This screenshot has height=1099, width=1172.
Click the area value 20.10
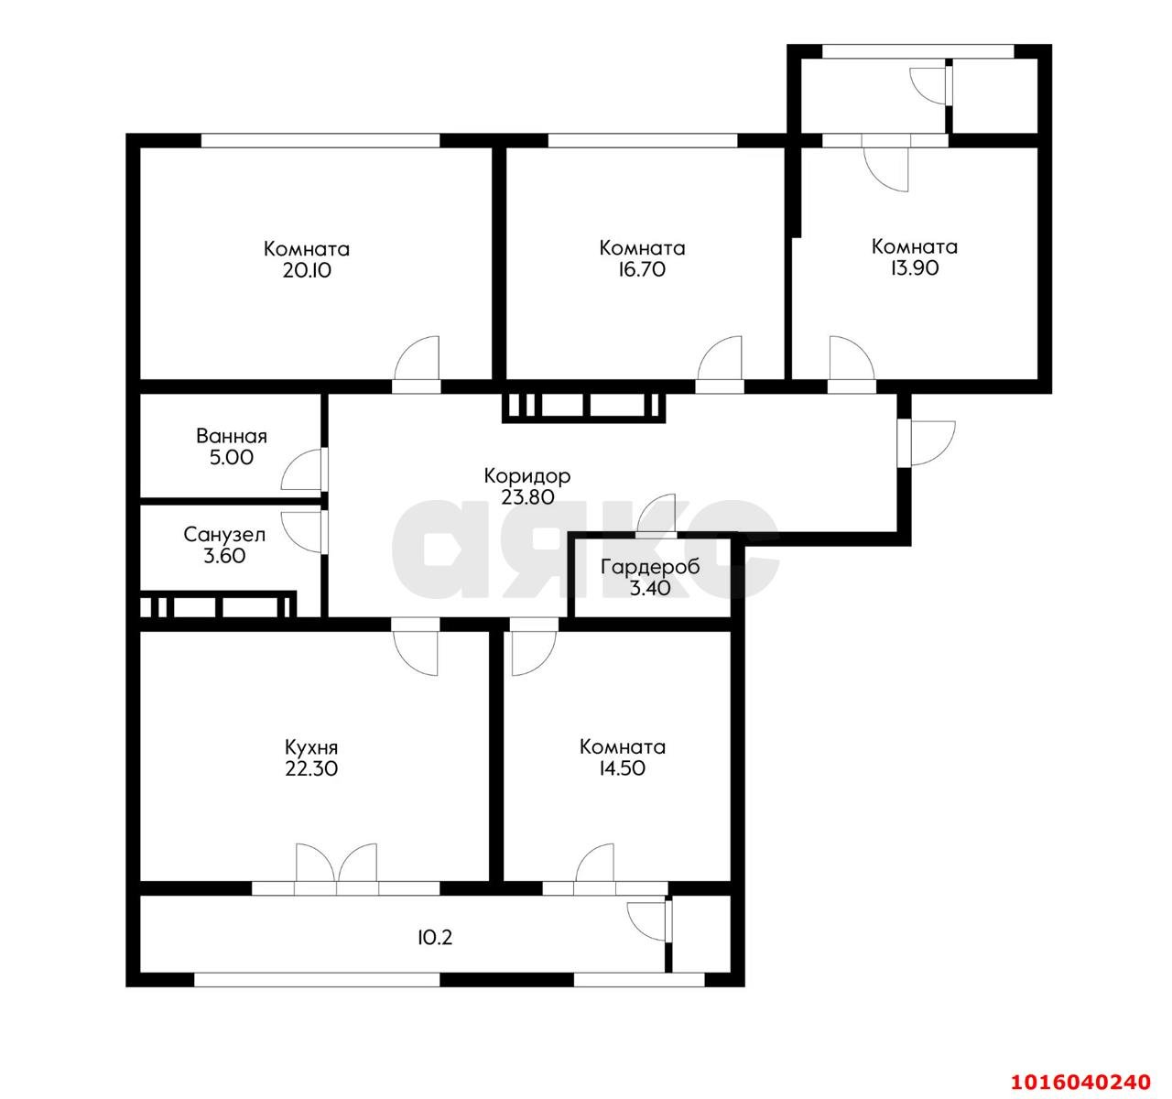(307, 270)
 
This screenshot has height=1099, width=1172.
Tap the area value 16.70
(642, 269)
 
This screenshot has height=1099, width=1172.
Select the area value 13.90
(915, 268)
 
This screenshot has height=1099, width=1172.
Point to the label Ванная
(232, 437)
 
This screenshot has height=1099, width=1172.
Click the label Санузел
(224, 535)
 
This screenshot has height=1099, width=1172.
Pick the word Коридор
(527, 476)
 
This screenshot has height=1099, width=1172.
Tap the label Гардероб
(650, 568)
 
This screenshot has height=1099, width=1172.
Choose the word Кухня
(311, 748)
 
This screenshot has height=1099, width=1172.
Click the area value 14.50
(622, 768)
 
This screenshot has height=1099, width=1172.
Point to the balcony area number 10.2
(435, 937)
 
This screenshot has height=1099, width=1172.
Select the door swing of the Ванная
(303, 470)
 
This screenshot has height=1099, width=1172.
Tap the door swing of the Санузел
(303, 532)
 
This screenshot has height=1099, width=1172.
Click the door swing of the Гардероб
(657, 514)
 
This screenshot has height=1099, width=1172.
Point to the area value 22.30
(311, 769)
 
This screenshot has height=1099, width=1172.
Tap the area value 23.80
(527, 497)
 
